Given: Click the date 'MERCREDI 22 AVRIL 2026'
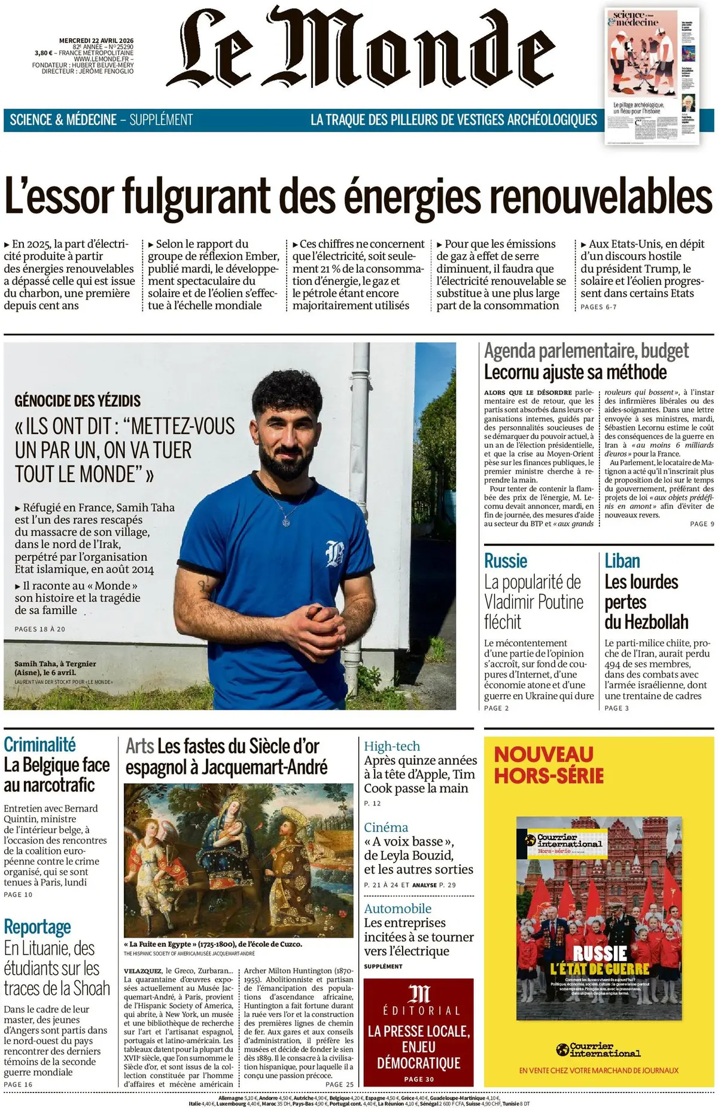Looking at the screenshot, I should pyautogui.click(x=96, y=41).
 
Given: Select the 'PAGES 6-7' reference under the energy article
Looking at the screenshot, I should pyautogui.click(x=598, y=307).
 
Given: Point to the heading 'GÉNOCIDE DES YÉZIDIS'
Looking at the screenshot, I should pyautogui.click(x=78, y=401).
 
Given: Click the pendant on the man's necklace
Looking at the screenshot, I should pyautogui.click(x=286, y=521).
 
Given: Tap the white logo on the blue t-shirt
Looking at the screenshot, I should pyautogui.click(x=334, y=553).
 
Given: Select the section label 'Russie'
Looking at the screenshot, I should pyautogui.click(x=506, y=561).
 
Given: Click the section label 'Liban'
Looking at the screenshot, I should pyautogui.click(x=622, y=561).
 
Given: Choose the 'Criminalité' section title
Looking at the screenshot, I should pyautogui.click(x=39, y=744).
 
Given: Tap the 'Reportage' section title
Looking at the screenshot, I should pyautogui.click(x=37, y=927).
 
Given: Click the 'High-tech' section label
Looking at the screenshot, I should pyautogui.click(x=392, y=746).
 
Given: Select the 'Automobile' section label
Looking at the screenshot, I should pyautogui.click(x=397, y=908).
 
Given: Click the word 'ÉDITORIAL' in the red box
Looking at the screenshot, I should pyautogui.click(x=419, y=1011).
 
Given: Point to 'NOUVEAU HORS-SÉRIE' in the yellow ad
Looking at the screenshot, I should pyautogui.click(x=548, y=765).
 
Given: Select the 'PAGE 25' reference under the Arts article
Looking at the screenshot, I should pyautogui.click(x=339, y=1084).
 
